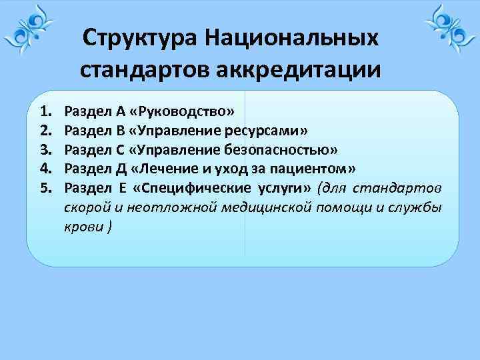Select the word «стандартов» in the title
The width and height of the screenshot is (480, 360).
145,69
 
